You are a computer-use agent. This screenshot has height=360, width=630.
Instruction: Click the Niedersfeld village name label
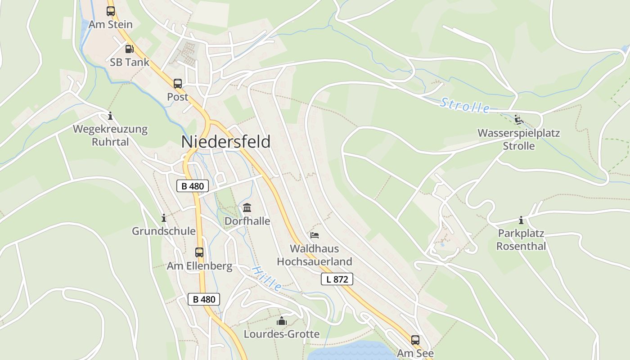[x=226, y=142]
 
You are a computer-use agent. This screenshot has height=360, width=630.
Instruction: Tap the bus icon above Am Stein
[x=111, y=11]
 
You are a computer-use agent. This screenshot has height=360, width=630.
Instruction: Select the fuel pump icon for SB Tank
[x=129, y=49]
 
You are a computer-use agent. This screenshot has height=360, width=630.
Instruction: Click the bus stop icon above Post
[x=178, y=83]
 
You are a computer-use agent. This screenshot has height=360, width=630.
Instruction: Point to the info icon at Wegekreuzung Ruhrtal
[x=110, y=116]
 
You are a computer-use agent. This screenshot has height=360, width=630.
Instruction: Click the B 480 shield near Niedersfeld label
[x=193, y=186]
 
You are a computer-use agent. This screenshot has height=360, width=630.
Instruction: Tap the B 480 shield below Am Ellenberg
[x=204, y=299]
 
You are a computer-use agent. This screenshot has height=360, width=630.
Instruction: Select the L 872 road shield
[x=337, y=279]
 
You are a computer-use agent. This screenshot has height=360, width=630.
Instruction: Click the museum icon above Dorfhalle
[x=247, y=208]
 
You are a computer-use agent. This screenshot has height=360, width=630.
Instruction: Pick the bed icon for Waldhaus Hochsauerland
[x=315, y=235]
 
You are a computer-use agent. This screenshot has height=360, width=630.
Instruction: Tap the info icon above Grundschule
[x=164, y=218]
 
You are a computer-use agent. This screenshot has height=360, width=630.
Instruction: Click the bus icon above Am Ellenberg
[x=199, y=252]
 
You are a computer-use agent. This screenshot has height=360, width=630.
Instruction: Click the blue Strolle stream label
[x=465, y=106]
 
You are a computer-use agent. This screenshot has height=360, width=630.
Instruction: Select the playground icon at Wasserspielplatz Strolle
[x=518, y=120]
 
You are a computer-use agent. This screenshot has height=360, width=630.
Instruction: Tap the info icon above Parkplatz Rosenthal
[x=521, y=220]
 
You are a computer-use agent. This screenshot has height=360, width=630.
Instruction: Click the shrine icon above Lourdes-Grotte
[x=282, y=321]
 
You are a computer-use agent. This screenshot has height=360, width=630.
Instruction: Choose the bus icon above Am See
[x=415, y=340]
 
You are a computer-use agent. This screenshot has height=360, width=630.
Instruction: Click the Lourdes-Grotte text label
[x=282, y=334]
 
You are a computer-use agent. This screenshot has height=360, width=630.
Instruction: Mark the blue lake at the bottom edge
[x=346, y=351]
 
